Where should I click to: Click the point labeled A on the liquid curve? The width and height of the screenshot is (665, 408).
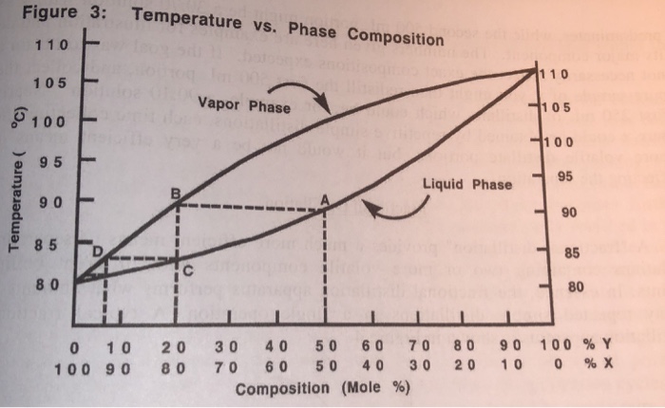[325, 206]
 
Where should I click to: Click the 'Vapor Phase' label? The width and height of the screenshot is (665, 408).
[244, 106]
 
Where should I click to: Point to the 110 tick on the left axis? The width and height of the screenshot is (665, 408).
[91, 45]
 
